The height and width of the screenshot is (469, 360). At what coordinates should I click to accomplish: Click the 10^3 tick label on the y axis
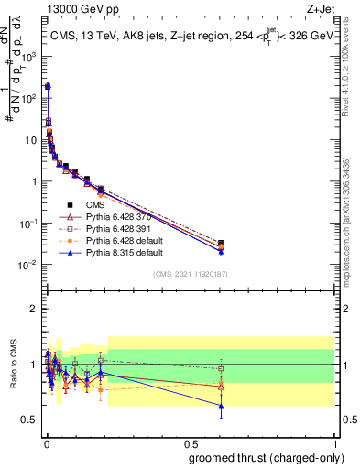point(29,56)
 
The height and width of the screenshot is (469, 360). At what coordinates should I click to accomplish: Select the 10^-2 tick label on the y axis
point(29,265)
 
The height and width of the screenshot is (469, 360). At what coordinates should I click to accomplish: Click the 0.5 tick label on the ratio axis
point(31,420)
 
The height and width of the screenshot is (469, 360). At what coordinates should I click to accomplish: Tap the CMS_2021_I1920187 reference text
point(190,274)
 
